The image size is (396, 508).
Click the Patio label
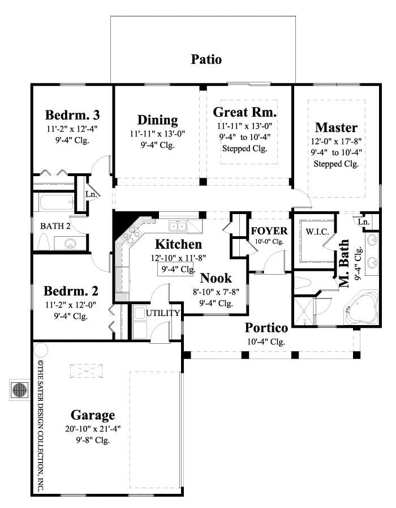[206, 59]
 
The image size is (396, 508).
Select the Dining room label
[157, 120]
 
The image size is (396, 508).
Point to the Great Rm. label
[244, 111]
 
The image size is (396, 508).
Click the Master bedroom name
[336, 126]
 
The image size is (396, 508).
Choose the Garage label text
[93, 414]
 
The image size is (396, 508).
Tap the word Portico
[266, 328]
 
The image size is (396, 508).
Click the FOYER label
[269, 231]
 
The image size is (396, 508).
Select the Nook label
[216, 278]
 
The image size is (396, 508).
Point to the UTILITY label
[163, 313]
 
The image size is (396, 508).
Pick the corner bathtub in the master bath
[361, 309]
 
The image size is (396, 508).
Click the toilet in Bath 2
[44, 242]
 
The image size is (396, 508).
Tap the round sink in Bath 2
[70, 244]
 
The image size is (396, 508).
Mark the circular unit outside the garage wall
[19, 390]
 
